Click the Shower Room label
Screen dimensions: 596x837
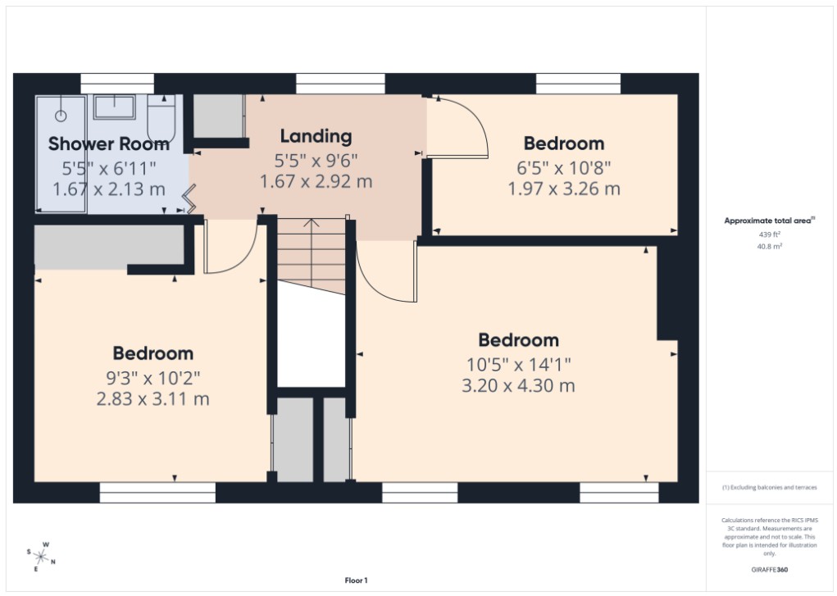(x=109, y=144)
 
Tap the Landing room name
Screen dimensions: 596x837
(x=316, y=136)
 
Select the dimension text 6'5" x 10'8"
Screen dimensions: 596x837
(x=563, y=167)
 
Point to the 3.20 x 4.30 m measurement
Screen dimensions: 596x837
(x=518, y=385)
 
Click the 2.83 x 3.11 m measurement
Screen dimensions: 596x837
(x=152, y=399)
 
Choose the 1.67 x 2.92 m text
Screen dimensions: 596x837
(x=316, y=181)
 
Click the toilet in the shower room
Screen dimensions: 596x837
(x=161, y=120)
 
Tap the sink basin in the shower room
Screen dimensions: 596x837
(x=114, y=107)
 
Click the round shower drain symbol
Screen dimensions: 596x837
(x=61, y=116)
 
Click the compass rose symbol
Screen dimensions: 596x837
(x=41, y=557)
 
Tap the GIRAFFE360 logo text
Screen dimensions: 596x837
(x=770, y=569)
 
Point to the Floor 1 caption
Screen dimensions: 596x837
(x=356, y=580)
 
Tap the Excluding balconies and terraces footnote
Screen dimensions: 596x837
(x=769, y=488)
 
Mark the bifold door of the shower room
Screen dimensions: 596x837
(x=190, y=199)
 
